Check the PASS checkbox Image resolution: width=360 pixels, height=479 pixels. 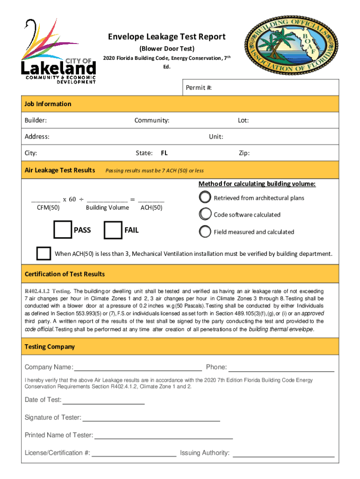pos(63,231)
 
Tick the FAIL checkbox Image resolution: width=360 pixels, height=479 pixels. pos(113,231)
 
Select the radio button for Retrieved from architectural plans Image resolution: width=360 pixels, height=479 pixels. pos(205,197)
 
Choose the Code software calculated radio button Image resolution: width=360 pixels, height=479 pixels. pos(205,214)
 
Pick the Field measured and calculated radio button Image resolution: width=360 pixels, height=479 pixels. pos(205,231)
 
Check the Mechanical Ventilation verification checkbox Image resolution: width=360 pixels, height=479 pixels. pos(44,253)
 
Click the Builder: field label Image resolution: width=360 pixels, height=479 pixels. pos(36,121)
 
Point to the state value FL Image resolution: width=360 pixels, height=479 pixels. pos(164,153)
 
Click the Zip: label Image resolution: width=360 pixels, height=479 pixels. pos(244,153)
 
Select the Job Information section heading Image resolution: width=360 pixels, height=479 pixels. pos(48,104)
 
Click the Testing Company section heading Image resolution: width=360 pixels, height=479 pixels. pos(50,347)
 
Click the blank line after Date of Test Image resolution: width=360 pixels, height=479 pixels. pos(103,401)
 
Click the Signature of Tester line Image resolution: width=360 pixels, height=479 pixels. pos(151,418)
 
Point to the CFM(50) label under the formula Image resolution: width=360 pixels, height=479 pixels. pos(48,208)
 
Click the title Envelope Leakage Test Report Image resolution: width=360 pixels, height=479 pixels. pos(167,37)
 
